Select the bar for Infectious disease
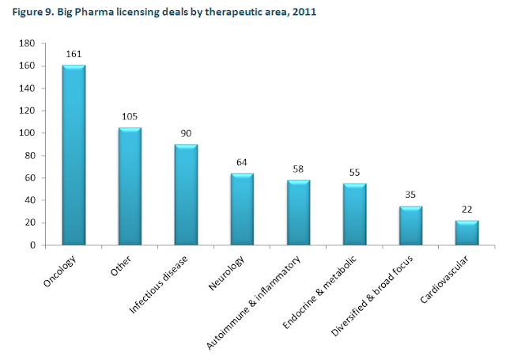tap(186, 195)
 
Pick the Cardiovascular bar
tap(467, 233)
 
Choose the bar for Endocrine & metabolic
tap(354, 214)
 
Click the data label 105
tap(130, 117)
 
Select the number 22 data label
tap(467, 210)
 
